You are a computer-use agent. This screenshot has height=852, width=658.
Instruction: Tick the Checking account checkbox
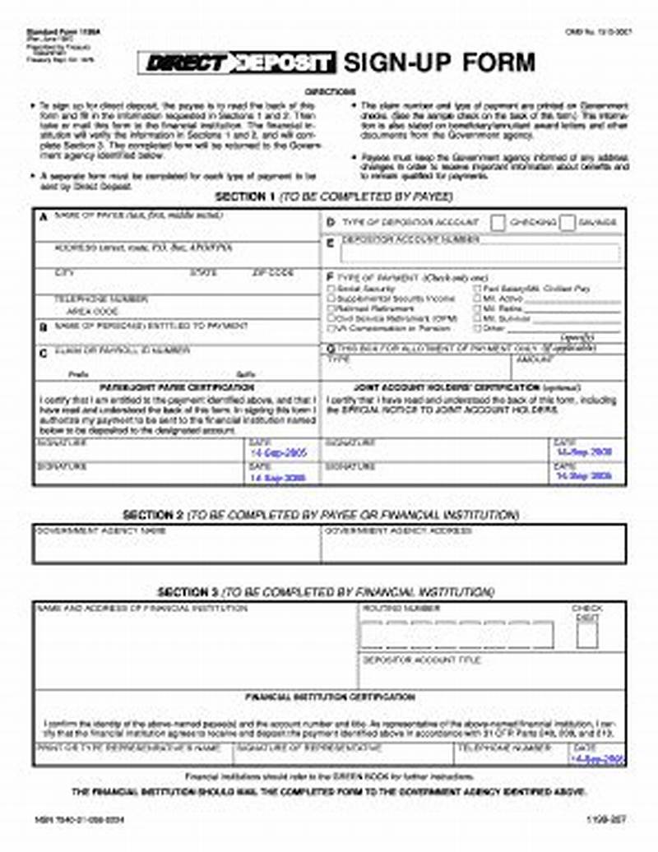pos(498,223)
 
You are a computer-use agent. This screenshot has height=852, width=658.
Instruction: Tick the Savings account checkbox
pos(568,223)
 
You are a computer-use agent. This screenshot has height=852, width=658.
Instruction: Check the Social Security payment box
pos(331,289)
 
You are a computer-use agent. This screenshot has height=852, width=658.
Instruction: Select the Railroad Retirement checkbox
pos(331,308)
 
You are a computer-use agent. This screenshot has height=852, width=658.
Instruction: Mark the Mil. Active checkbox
pos(477,299)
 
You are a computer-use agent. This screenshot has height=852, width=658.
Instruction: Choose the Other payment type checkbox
pos(477,328)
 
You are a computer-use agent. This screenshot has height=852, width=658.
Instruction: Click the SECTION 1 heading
pos(244,197)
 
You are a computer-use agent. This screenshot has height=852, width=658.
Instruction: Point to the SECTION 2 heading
pos(153,515)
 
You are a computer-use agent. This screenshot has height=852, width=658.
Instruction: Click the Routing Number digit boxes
pos(457,635)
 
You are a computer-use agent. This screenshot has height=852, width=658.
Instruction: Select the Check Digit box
pos(587,636)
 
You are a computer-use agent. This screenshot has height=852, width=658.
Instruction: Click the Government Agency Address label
pos(398,531)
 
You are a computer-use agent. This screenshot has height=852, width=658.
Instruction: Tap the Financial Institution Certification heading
pos(330,697)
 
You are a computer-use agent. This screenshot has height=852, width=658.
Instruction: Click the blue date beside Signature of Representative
pos(598,760)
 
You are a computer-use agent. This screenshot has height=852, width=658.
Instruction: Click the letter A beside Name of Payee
pos(43,216)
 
